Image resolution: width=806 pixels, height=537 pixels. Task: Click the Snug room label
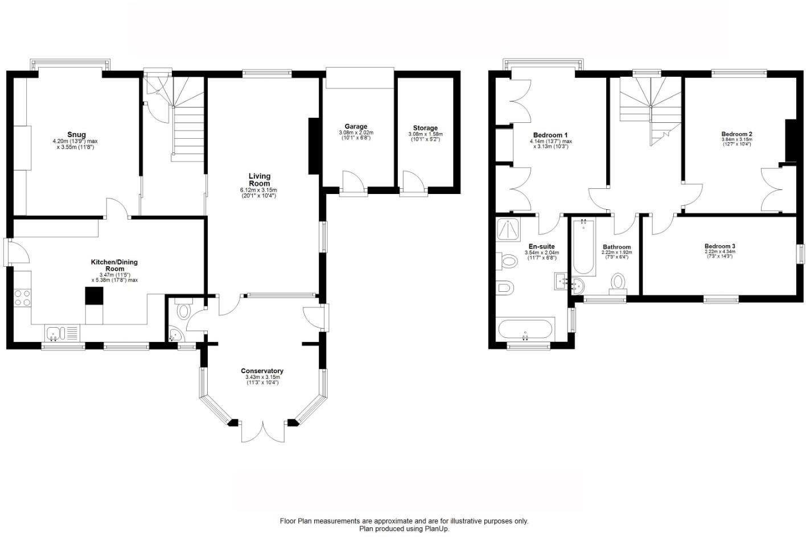click(x=76, y=135)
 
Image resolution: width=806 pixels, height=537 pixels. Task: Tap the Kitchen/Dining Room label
click(x=114, y=265)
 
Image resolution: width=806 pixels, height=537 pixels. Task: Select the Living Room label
click(x=259, y=180)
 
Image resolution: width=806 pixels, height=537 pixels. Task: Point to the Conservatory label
click(x=262, y=371)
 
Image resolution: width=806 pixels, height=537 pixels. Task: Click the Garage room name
click(x=356, y=126)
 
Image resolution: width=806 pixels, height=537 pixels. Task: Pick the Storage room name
click(x=425, y=128)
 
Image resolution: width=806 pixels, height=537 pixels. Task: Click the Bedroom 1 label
click(x=550, y=135)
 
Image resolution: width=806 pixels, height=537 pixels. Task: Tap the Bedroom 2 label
click(x=737, y=134)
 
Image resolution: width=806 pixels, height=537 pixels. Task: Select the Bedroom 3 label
click(x=719, y=246)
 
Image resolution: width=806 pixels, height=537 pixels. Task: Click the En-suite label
click(x=541, y=246)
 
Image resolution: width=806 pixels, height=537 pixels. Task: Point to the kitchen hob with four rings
click(x=23, y=298)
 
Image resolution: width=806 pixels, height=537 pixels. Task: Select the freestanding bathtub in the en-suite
click(x=524, y=330)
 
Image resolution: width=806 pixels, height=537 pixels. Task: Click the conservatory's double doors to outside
click(x=262, y=432)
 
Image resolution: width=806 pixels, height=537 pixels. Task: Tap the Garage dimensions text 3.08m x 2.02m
click(x=356, y=133)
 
